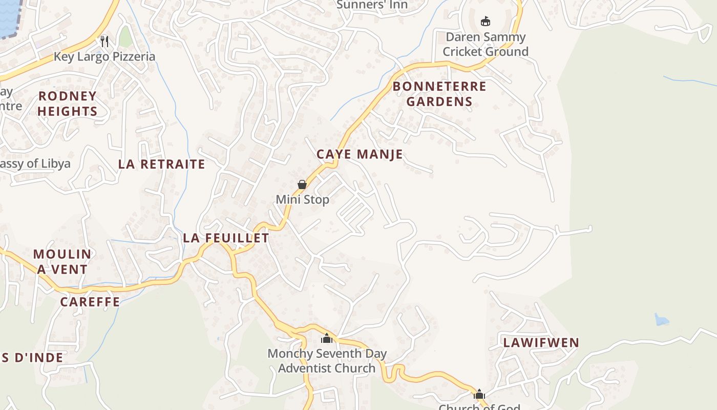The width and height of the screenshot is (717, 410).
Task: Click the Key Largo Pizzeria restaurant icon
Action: tap(104, 41)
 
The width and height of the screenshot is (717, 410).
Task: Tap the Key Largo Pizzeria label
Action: tap(104, 56)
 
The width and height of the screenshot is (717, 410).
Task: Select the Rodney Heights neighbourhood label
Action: tap(67, 104)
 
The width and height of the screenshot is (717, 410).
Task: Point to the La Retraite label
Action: tap(162, 165)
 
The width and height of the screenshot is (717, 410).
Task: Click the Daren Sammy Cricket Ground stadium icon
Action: tap(485, 22)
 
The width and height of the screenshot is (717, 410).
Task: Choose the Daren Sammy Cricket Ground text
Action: tap(485, 44)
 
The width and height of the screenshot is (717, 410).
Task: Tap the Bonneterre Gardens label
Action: tap(439, 94)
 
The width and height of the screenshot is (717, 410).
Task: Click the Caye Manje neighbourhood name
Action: tap(360, 154)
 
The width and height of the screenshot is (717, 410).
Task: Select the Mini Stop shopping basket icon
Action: tap(302, 184)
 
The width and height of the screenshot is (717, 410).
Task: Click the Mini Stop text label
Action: tap(302, 199)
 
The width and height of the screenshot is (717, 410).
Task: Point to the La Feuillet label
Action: tap(226, 238)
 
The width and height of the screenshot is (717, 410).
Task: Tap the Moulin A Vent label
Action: tap(62, 261)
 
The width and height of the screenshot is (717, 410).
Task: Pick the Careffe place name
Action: tap(90, 302)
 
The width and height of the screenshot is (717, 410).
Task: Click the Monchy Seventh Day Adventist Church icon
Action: tap(327, 338)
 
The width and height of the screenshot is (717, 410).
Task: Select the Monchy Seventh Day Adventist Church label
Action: tap(327, 361)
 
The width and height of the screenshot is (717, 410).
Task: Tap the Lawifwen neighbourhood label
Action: tap(541, 343)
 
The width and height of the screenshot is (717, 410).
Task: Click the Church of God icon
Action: tap(479, 394)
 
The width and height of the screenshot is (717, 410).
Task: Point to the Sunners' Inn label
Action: tap(372, 5)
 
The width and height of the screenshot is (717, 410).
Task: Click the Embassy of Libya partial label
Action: tap(35, 164)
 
